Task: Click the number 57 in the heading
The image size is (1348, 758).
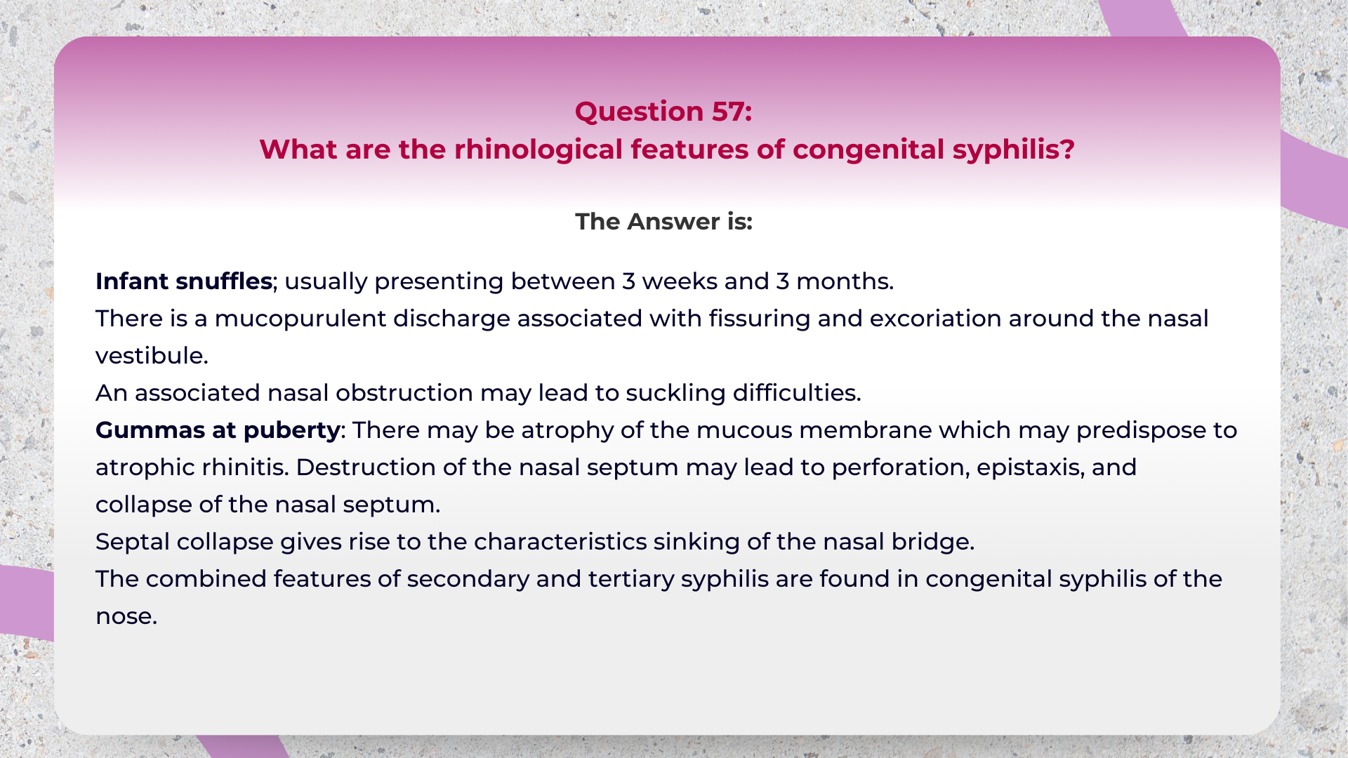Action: (x=727, y=112)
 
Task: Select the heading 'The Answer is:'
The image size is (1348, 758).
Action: (x=663, y=222)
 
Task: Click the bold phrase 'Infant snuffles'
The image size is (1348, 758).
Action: (x=184, y=281)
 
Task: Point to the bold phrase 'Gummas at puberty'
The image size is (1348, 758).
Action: (x=218, y=430)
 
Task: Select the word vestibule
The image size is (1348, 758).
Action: (x=151, y=356)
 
